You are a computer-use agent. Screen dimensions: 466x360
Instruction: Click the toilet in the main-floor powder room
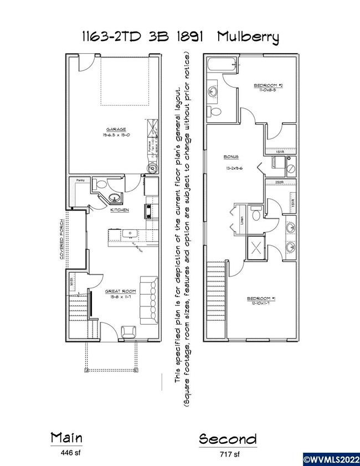[x=101, y=185]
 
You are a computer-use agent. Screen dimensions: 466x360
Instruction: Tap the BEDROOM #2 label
[x=268, y=85]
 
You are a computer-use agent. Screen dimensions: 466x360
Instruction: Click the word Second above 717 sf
[x=228, y=439]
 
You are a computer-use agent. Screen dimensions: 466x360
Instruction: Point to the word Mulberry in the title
[x=248, y=38]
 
